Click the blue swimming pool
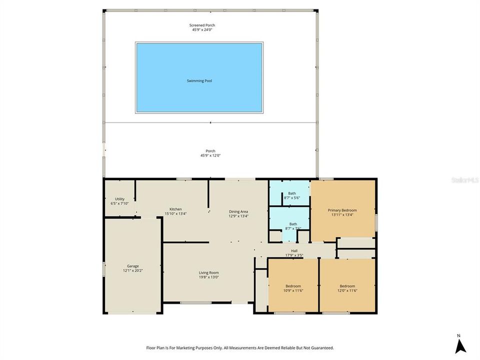[x=199, y=77]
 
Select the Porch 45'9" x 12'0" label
[x=210, y=153]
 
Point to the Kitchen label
[x=175, y=209]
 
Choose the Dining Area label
[x=238, y=211]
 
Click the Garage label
[x=132, y=266]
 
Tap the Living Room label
[x=209, y=272]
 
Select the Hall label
[x=294, y=251]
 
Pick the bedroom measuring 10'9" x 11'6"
[x=293, y=287]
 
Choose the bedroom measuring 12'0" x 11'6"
[x=347, y=287]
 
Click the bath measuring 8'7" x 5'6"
[x=292, y=195]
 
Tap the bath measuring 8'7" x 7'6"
[x=292, y=226]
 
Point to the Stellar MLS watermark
[x=464, y=179]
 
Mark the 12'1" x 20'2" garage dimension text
[x=132, y=270]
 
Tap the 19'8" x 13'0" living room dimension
[x=209, y=277]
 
